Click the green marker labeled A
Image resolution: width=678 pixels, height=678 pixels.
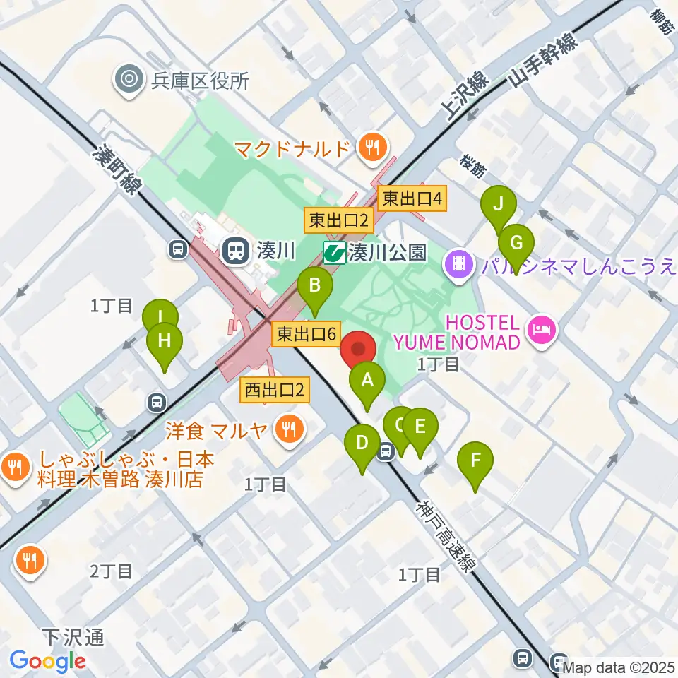367,382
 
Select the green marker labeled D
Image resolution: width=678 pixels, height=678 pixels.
362,444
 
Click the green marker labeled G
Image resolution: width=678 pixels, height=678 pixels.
516,244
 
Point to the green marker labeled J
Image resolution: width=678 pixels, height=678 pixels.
499,206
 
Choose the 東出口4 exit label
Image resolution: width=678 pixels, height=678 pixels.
413,198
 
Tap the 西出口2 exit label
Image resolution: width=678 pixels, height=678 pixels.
275,389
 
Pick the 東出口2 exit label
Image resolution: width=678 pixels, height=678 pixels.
339,221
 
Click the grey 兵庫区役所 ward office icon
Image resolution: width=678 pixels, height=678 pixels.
129,80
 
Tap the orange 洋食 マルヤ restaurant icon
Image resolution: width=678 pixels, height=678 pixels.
288,427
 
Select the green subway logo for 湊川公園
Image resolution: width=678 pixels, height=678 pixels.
335,252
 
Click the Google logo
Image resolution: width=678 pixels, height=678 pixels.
47,661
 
